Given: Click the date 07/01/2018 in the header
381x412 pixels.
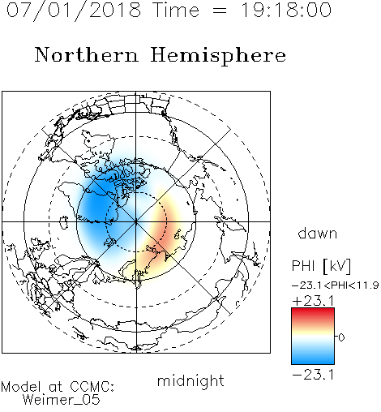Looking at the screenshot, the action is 74,11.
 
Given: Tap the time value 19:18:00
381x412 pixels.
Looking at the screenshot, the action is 286,10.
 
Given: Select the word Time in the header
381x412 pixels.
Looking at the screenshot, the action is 176,10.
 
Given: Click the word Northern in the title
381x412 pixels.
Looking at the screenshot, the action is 87,54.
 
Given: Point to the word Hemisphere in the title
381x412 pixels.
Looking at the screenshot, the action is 218,56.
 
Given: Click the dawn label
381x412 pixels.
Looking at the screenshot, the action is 318,233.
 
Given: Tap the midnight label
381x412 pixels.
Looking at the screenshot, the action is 190,380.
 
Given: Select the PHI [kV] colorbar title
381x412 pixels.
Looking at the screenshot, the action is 321,266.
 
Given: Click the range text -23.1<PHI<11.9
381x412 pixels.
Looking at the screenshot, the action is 336,285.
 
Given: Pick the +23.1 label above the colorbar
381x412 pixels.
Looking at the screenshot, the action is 313,301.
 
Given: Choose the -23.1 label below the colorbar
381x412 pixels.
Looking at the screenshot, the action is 313,375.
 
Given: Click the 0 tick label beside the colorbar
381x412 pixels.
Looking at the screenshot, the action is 341,337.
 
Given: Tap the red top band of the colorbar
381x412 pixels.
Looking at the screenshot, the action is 313,313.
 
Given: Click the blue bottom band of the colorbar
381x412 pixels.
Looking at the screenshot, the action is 313,358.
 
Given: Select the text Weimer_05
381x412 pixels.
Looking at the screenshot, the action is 62,400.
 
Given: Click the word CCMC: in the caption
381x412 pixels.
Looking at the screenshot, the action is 92,387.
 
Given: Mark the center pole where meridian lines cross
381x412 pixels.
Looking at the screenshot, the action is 136,221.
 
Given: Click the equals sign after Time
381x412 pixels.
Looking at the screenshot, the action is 220,11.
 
